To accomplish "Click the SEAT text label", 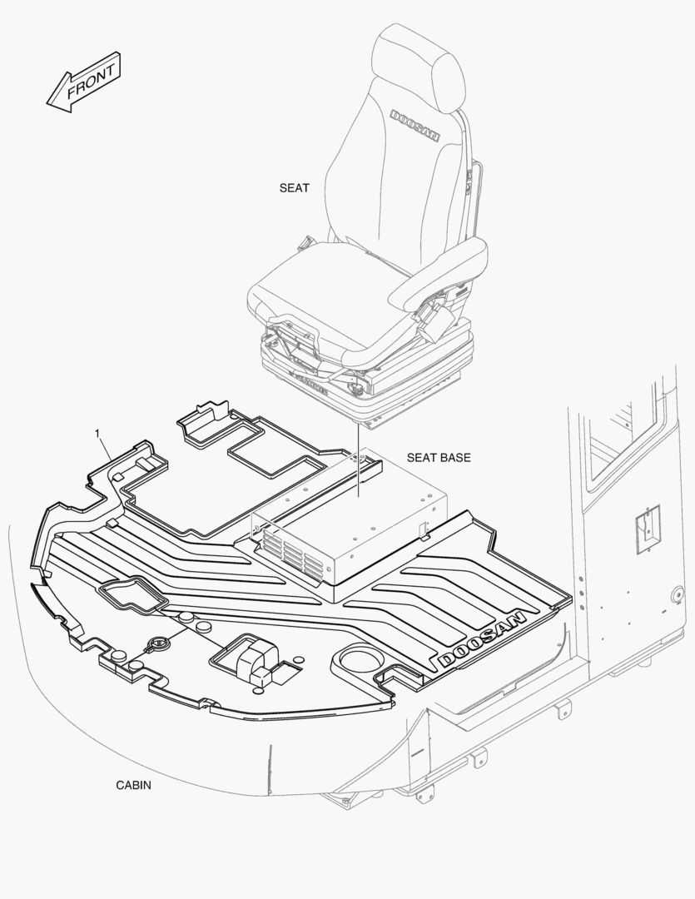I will click(294, 188).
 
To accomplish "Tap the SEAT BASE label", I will click(438, 458).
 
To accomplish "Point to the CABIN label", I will click(133, 785).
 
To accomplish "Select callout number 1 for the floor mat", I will click(97, 434).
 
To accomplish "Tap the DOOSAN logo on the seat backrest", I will click(415, 125).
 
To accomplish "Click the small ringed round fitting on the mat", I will click(157, 643).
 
